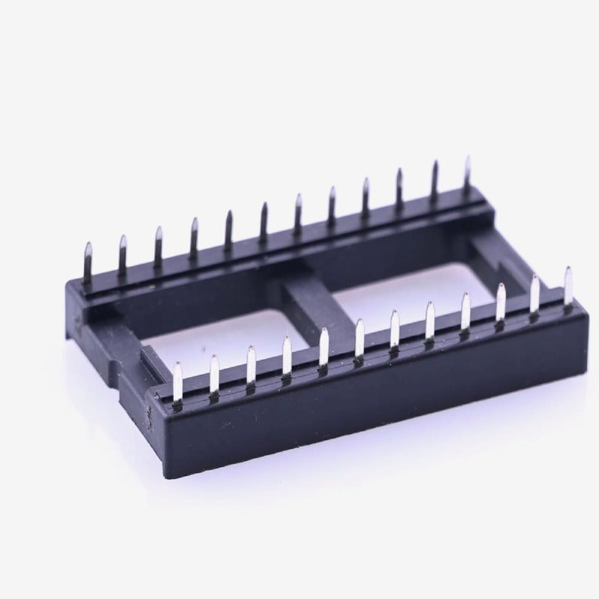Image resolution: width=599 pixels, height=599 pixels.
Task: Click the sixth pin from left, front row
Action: (x=359, y=337)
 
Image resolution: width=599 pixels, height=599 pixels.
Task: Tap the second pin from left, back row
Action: (x=123, y=253)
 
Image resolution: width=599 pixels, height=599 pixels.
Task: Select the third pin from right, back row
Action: (x=399, y=189)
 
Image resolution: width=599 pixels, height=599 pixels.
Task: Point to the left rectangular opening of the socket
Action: (x=225, y=337)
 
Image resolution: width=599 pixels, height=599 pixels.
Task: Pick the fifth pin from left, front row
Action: (x=323, y=347)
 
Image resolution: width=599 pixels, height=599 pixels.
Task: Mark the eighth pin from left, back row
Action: (x=332, y=204)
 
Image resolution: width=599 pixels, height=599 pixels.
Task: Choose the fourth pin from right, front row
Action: (x=465, y=311)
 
